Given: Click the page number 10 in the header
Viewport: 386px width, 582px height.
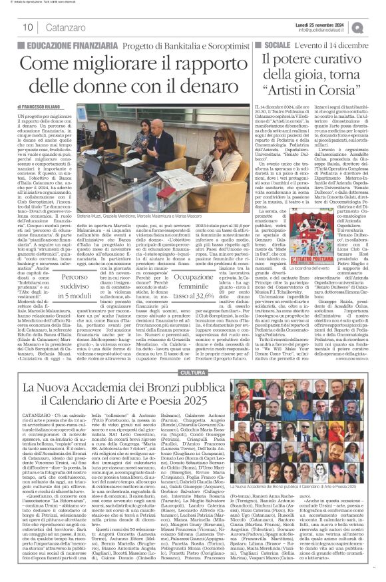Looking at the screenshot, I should pyautogui.click(x=29, y=27).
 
